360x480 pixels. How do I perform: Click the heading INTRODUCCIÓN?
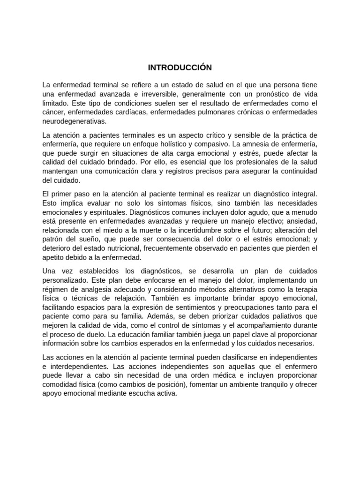pyautogui.click(x=180, y=67)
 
